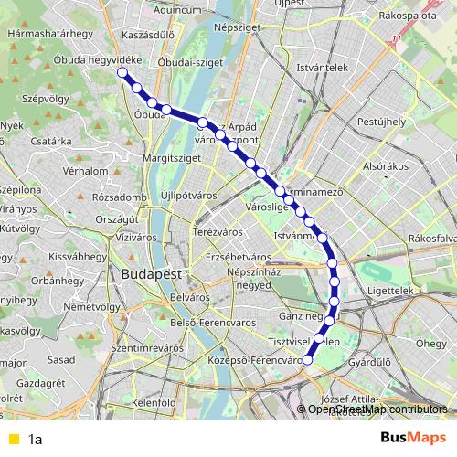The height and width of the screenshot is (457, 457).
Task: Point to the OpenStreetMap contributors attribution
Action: point(377,409)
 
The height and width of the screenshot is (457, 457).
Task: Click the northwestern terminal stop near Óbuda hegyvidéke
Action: point(122,72)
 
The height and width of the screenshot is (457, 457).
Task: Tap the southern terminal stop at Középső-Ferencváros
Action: point(307,360)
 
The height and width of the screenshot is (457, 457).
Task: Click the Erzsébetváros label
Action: point(237,256)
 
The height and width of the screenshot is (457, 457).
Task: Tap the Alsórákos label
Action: point(385,166)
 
